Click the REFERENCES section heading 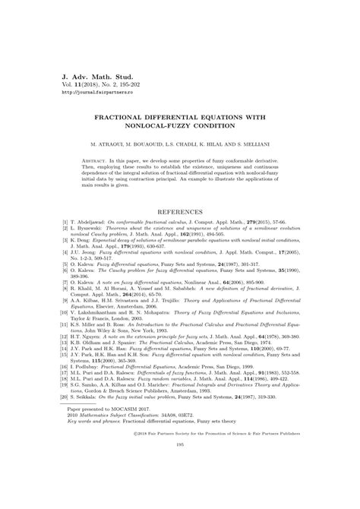[x=180, y=211]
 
